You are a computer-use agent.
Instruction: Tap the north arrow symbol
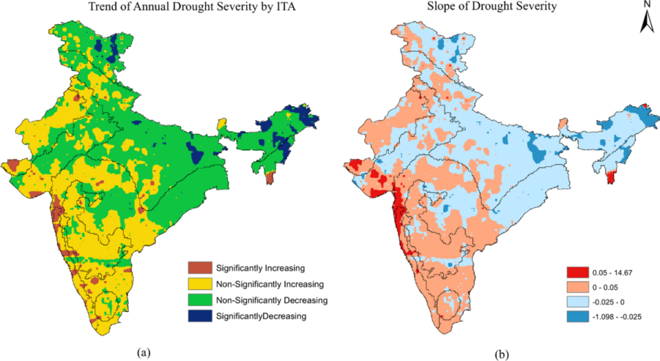pos(647,24)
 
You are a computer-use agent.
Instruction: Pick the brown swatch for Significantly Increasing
pos(199,267)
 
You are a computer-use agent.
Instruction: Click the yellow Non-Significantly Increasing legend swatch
pos(199,283)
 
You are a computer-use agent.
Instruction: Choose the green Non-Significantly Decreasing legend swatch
pos(199,300)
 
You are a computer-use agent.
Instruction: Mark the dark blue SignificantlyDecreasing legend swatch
pos(199,316)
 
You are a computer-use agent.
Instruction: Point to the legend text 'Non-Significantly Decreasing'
pos(271,300)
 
